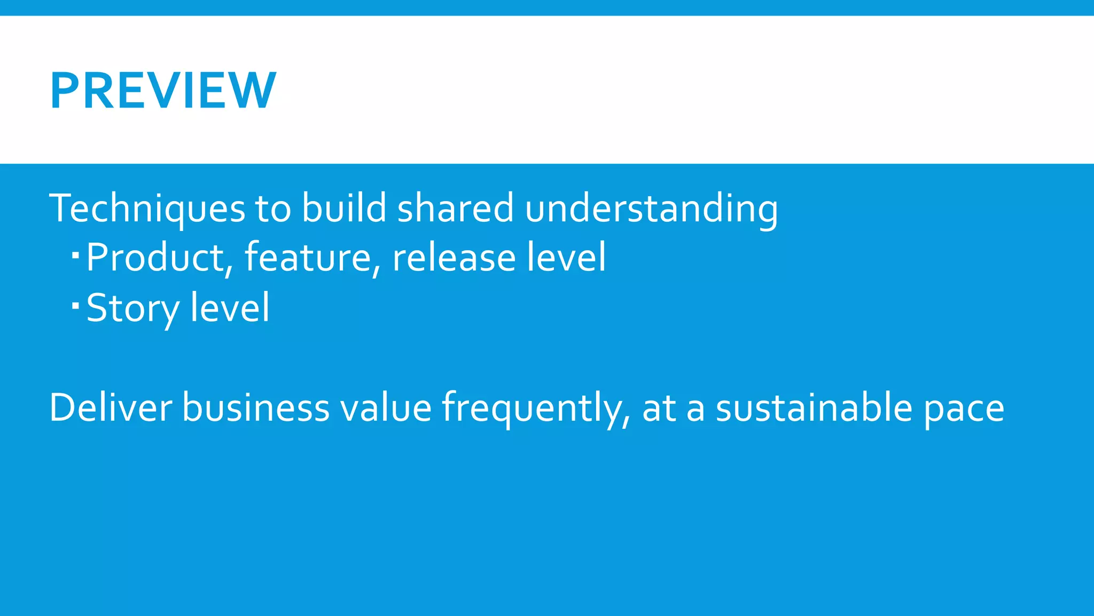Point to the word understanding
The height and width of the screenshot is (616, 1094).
pos(651,209)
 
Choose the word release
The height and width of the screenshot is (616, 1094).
pos(454,258)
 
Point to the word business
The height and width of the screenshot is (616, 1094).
pos(256,407)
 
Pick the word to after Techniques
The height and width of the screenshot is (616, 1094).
pos(273,209)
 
